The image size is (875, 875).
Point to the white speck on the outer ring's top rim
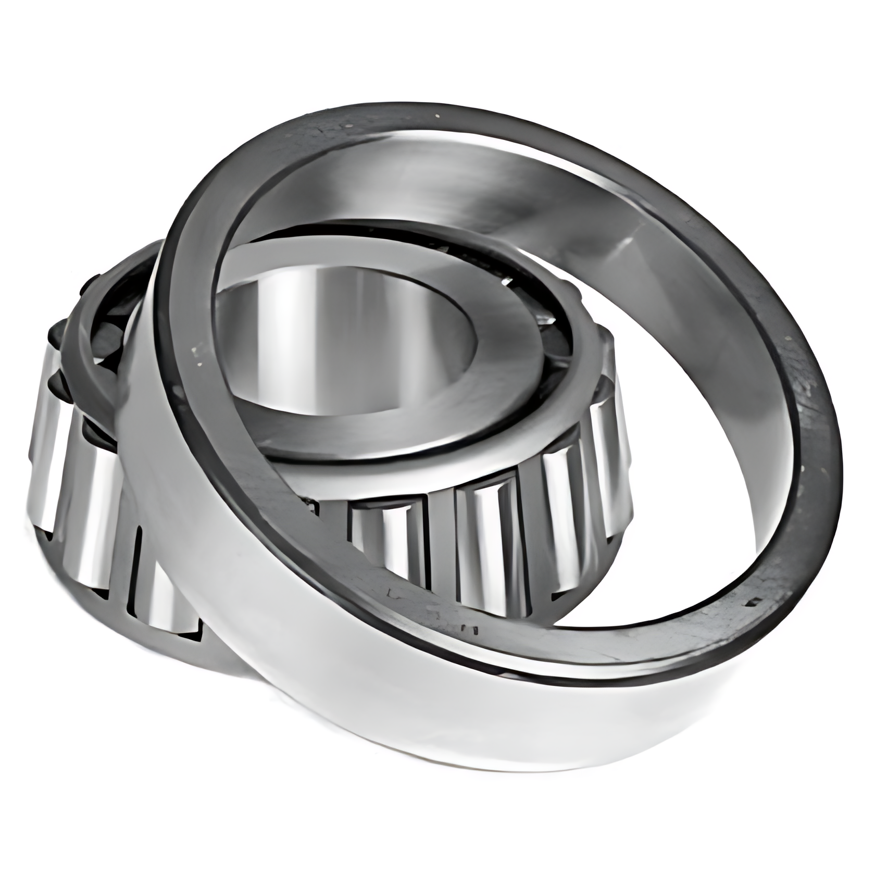436,115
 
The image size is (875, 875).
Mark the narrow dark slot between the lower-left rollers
136,573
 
